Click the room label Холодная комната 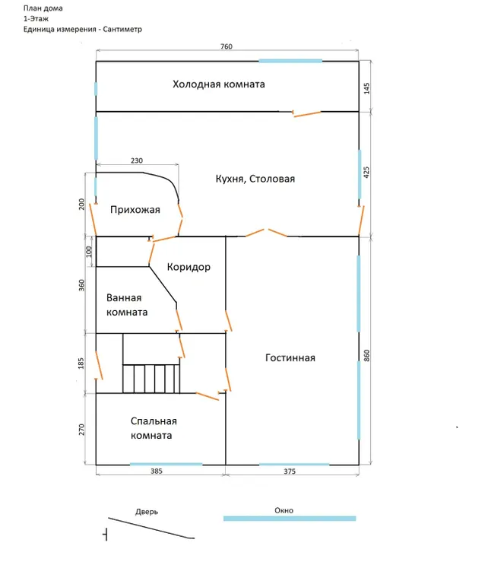(218, 84)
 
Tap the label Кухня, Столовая (255, 179)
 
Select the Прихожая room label (135, 210)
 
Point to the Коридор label (189, 268)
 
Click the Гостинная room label (290, 358)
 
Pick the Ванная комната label (127, 305)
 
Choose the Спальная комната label (153, 428)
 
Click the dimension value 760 (226, 47)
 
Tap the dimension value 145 (367, 87)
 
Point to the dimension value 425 (367, 173)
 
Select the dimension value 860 (367, 356)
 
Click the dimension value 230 (137, 161)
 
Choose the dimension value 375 (289, 472)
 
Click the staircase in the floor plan (152, 377)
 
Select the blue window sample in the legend (289, 519)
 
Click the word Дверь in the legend (147, 512)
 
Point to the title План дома (43, 8)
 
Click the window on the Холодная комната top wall (290, 61)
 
